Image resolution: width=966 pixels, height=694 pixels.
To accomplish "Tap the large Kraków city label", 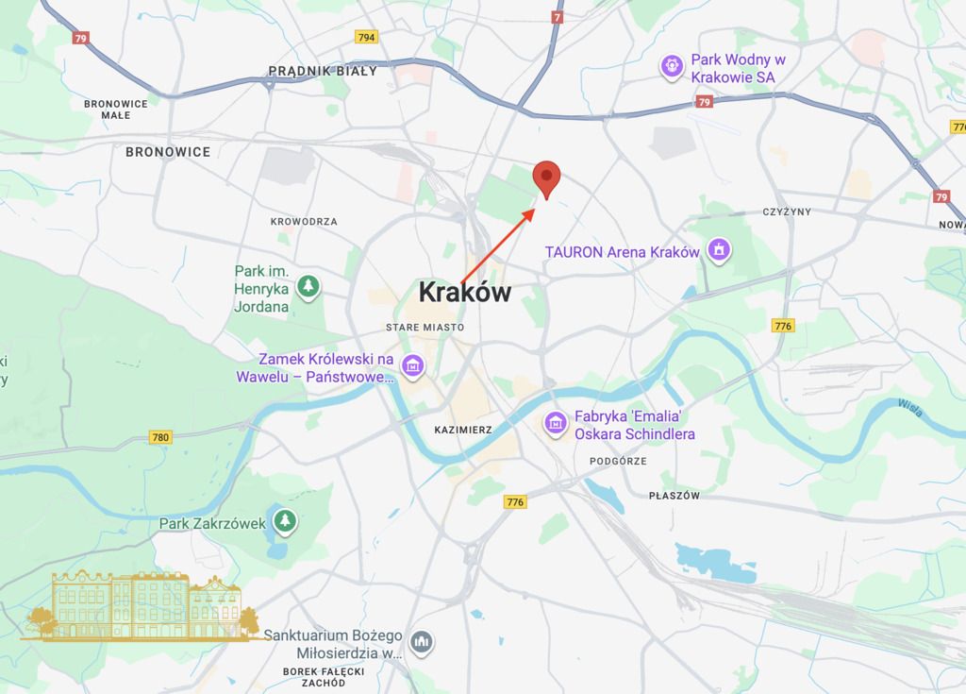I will (465, 292).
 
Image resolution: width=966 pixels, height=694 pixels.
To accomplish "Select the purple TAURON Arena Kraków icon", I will (719, 251).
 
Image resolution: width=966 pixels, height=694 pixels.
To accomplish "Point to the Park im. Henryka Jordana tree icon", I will (308, 285).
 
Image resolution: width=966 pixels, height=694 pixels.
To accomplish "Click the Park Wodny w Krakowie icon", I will (671, 66).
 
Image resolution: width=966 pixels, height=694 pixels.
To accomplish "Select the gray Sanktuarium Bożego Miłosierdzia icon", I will (423, 643).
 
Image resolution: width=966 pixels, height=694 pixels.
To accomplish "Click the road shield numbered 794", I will (367, 38).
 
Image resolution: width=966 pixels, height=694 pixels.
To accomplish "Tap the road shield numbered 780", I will (161, 437).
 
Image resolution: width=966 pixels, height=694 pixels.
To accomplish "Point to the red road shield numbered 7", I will (558, 16).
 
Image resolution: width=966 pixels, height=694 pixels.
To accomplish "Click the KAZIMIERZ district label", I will (463, 430).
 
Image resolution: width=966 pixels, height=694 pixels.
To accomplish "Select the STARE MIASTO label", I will (425, 327).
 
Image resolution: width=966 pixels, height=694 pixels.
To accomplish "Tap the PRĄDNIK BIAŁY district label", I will (323, 71).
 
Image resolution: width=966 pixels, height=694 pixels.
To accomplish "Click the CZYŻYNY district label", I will (789, 212).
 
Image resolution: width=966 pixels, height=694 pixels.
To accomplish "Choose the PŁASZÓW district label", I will (675, 496).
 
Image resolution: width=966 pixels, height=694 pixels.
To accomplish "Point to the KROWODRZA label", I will (304, 222).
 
